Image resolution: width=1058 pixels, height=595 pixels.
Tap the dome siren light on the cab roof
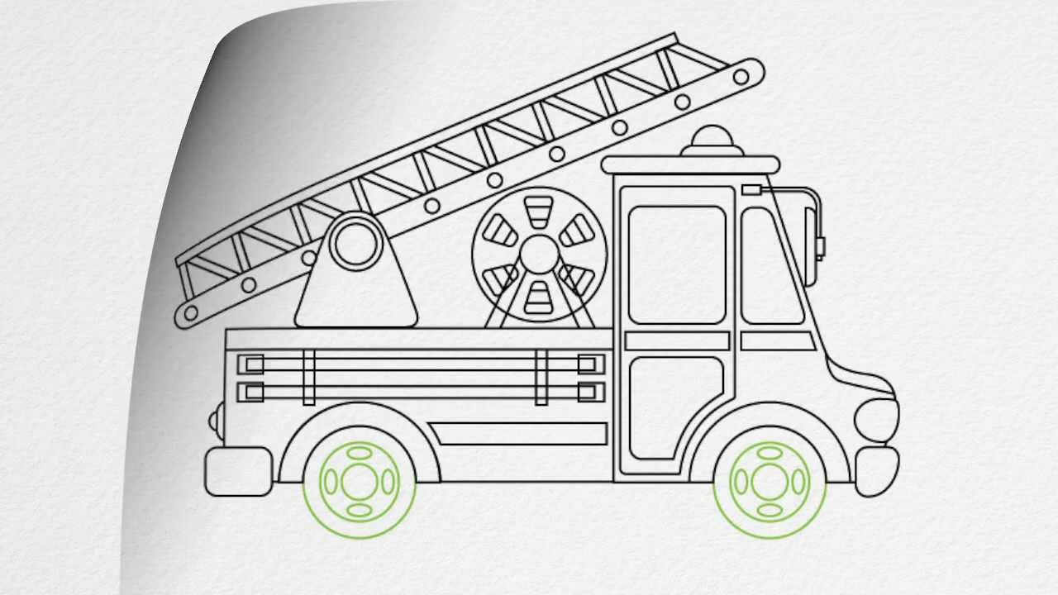[713, 140]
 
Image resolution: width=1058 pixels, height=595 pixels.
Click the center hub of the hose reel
[540, 253]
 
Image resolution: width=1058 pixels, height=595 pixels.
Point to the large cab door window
[677, 264]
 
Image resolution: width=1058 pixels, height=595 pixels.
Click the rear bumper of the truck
[238, 472]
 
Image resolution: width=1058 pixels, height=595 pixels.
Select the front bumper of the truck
[876, 471]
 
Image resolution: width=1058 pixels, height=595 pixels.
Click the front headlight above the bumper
[876, 416]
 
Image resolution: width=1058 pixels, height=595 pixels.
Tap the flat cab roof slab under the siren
[690, 164]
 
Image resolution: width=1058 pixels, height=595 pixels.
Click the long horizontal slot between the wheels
[519, 434]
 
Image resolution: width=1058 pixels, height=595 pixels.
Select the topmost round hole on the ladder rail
[741, 77]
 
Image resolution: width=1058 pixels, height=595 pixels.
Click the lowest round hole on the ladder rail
[191, 313]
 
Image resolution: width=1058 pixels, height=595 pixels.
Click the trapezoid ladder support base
[356, 297]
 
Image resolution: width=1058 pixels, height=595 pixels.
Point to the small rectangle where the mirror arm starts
[751, 190]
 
